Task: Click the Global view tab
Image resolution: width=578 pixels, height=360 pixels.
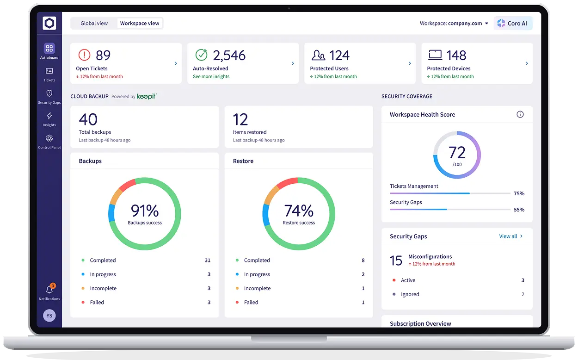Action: coord(94,23)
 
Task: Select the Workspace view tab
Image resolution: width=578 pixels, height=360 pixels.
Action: coord(140,23)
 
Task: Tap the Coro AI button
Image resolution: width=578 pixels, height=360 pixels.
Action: coord(513,23)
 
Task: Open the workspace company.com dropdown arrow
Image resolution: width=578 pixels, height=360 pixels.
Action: coord(486,23)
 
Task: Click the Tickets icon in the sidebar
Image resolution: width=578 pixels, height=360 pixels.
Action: coord(49,71)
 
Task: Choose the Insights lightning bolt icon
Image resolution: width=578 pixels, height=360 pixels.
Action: coord(49,116)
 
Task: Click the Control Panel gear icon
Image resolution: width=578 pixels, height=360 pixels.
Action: coord(49,138)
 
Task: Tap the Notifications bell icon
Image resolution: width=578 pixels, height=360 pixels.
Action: coord(49,289)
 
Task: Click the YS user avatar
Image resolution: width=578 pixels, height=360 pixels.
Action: coord(49,316)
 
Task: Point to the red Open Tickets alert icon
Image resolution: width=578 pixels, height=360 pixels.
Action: coord(84,55)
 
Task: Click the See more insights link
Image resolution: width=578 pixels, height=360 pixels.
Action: coord(211,76)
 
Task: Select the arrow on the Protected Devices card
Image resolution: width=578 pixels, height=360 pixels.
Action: coord(527,63)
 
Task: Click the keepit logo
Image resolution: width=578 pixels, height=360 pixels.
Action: coord(147,96)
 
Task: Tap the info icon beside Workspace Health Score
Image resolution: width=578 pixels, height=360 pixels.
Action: coord(520,114)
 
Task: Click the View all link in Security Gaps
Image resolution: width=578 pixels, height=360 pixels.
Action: coord(508,236)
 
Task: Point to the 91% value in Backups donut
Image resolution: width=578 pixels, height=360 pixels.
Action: coord(145,211)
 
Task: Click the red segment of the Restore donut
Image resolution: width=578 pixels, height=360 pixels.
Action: coord(287,182)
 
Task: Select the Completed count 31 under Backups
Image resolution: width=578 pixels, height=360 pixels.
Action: coord(208,261)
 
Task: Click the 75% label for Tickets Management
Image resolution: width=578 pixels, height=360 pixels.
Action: coord(519,193)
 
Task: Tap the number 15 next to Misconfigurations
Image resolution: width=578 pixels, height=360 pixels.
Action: coord(396,261)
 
